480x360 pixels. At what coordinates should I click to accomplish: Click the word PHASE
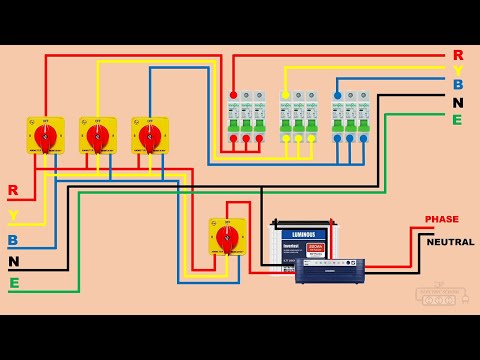441,219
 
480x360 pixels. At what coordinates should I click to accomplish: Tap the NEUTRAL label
450,242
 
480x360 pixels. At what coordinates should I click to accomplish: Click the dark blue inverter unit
329,270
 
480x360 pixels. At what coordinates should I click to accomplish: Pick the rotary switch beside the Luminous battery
227,236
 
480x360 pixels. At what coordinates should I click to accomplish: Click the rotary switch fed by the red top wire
45,135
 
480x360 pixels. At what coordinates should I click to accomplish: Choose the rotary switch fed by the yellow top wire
97,135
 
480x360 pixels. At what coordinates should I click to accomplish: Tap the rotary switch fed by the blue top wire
149,135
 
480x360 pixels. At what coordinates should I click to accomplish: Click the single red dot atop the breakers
233,96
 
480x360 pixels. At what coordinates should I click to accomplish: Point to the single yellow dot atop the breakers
286,96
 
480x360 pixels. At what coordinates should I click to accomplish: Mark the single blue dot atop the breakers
338,96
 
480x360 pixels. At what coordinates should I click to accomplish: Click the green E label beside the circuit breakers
457,120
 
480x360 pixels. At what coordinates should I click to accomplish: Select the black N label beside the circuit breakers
457,103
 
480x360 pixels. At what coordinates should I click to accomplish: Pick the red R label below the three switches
13,190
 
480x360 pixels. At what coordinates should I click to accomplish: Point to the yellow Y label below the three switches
13,215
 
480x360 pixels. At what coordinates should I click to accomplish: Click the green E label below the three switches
13,283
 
